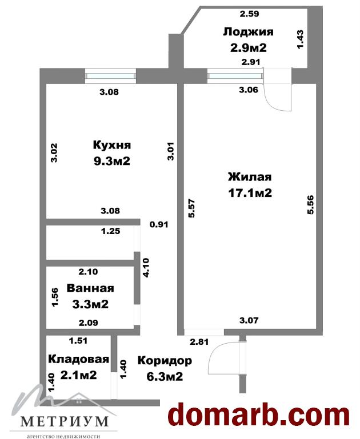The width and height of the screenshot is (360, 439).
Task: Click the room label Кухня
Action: pyautogui.click(x=112, y=146)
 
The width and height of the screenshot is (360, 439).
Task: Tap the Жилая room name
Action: pyautogui.click(x=250, y=177)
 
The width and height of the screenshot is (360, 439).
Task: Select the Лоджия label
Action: pyautogui.click(x=248, y=32)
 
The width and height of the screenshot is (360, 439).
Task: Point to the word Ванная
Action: pyautogui.click(x=90, y=288)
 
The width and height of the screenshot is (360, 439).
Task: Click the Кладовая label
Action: pyautogui.click(x=78, y=359)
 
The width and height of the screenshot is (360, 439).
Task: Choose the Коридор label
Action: pyautogui.click(x=165, y=361)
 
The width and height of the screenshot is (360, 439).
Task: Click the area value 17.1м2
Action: pyautogui.click(x=250, y=193)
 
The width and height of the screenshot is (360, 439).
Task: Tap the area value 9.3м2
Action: pyautogui.click(x=112, y=161)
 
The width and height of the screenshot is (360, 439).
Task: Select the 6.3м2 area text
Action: pyautogui.click(x=165, y=376)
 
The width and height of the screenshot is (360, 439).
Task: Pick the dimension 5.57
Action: pyautogui.click(x=192, y=208)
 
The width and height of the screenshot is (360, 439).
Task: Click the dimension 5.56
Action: pyautogui.click(x=310, y=205)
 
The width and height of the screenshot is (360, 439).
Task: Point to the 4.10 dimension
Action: pyautogui.click(x=146, y=268)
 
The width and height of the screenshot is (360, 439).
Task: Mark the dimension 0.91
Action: pyautogui.click(x=159, y=224)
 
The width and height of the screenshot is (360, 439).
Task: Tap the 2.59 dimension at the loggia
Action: pyautogui.click(x=249, y=14)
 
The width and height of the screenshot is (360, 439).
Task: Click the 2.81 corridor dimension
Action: pyautogui.click(x=199, y=342)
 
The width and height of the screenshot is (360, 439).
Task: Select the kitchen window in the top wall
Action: pyautogui.click(x=111, y=76)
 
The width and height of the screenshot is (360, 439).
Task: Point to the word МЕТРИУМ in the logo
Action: pyautogui.click(x=65, y=421)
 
